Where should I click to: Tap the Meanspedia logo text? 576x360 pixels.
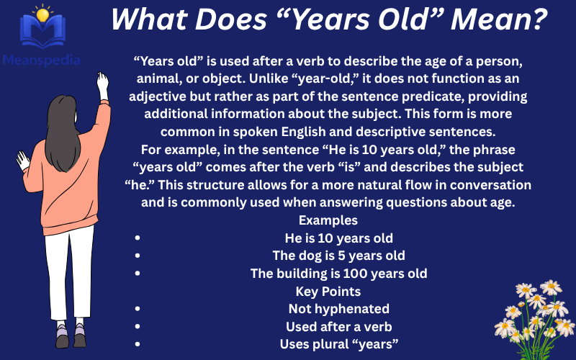tap(40, 60)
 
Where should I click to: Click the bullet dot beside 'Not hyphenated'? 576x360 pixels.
tap(137, 310)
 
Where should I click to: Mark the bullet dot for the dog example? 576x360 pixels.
tap(137, 256)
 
